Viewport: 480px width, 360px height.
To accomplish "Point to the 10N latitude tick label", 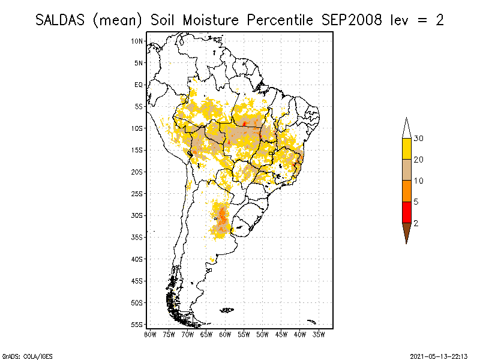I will [x=137, y=41].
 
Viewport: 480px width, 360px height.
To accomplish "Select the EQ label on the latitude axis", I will [x=139, y=85].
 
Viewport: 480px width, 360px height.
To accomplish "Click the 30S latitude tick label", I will [x=137, y=215].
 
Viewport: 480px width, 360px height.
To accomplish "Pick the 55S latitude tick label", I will [x=137, y=324].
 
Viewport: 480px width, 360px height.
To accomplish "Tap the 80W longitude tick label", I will [x=150, y=334].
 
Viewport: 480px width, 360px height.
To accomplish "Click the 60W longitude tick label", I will [x=225, y=334].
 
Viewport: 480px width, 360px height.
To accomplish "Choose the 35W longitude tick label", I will [x=319, y=334].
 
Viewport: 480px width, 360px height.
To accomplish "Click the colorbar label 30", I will [x=419, y=139].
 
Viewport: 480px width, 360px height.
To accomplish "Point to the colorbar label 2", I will [x=416, y=223].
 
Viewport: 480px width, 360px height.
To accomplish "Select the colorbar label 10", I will [x=419, y=181].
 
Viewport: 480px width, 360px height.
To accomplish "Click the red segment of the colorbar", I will [x=406, y=212].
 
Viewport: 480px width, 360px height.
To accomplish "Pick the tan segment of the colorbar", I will [x=406, y=170].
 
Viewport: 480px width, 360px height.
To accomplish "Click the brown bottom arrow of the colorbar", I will [x=406, y=231].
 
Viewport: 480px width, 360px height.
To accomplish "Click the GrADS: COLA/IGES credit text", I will [x=22, y=355].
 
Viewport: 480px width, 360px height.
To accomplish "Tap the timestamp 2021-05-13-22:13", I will [x=439, y=355].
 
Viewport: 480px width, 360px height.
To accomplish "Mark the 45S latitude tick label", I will [x=137, y=281].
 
